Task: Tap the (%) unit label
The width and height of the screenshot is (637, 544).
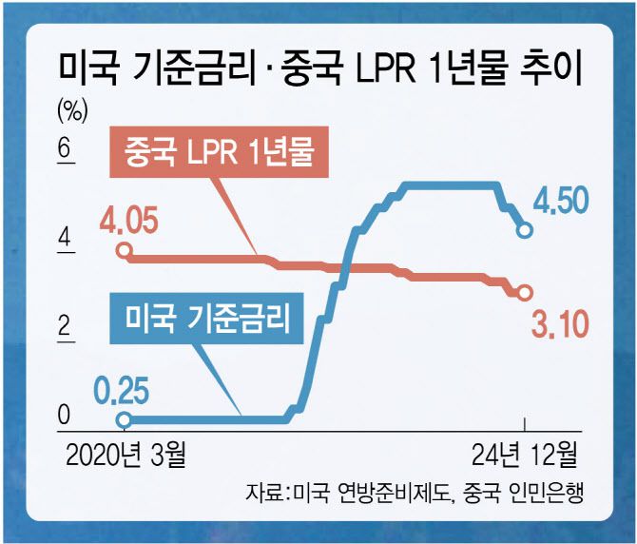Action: (72, 111)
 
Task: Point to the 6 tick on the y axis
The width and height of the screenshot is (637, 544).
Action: (65, 150)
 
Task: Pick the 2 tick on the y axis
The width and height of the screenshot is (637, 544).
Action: (65, 328)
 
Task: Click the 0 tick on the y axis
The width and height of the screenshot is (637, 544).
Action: (65, 416)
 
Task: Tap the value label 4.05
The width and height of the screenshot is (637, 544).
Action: (129, 224)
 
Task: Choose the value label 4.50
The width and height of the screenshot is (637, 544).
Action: (557, 202)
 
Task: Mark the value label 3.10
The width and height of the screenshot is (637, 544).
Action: (558, 326)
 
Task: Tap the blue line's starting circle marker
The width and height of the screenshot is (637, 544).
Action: (123, 418)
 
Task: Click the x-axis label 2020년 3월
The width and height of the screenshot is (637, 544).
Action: (126, 456)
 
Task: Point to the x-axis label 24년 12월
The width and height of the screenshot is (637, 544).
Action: (524, 456)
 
